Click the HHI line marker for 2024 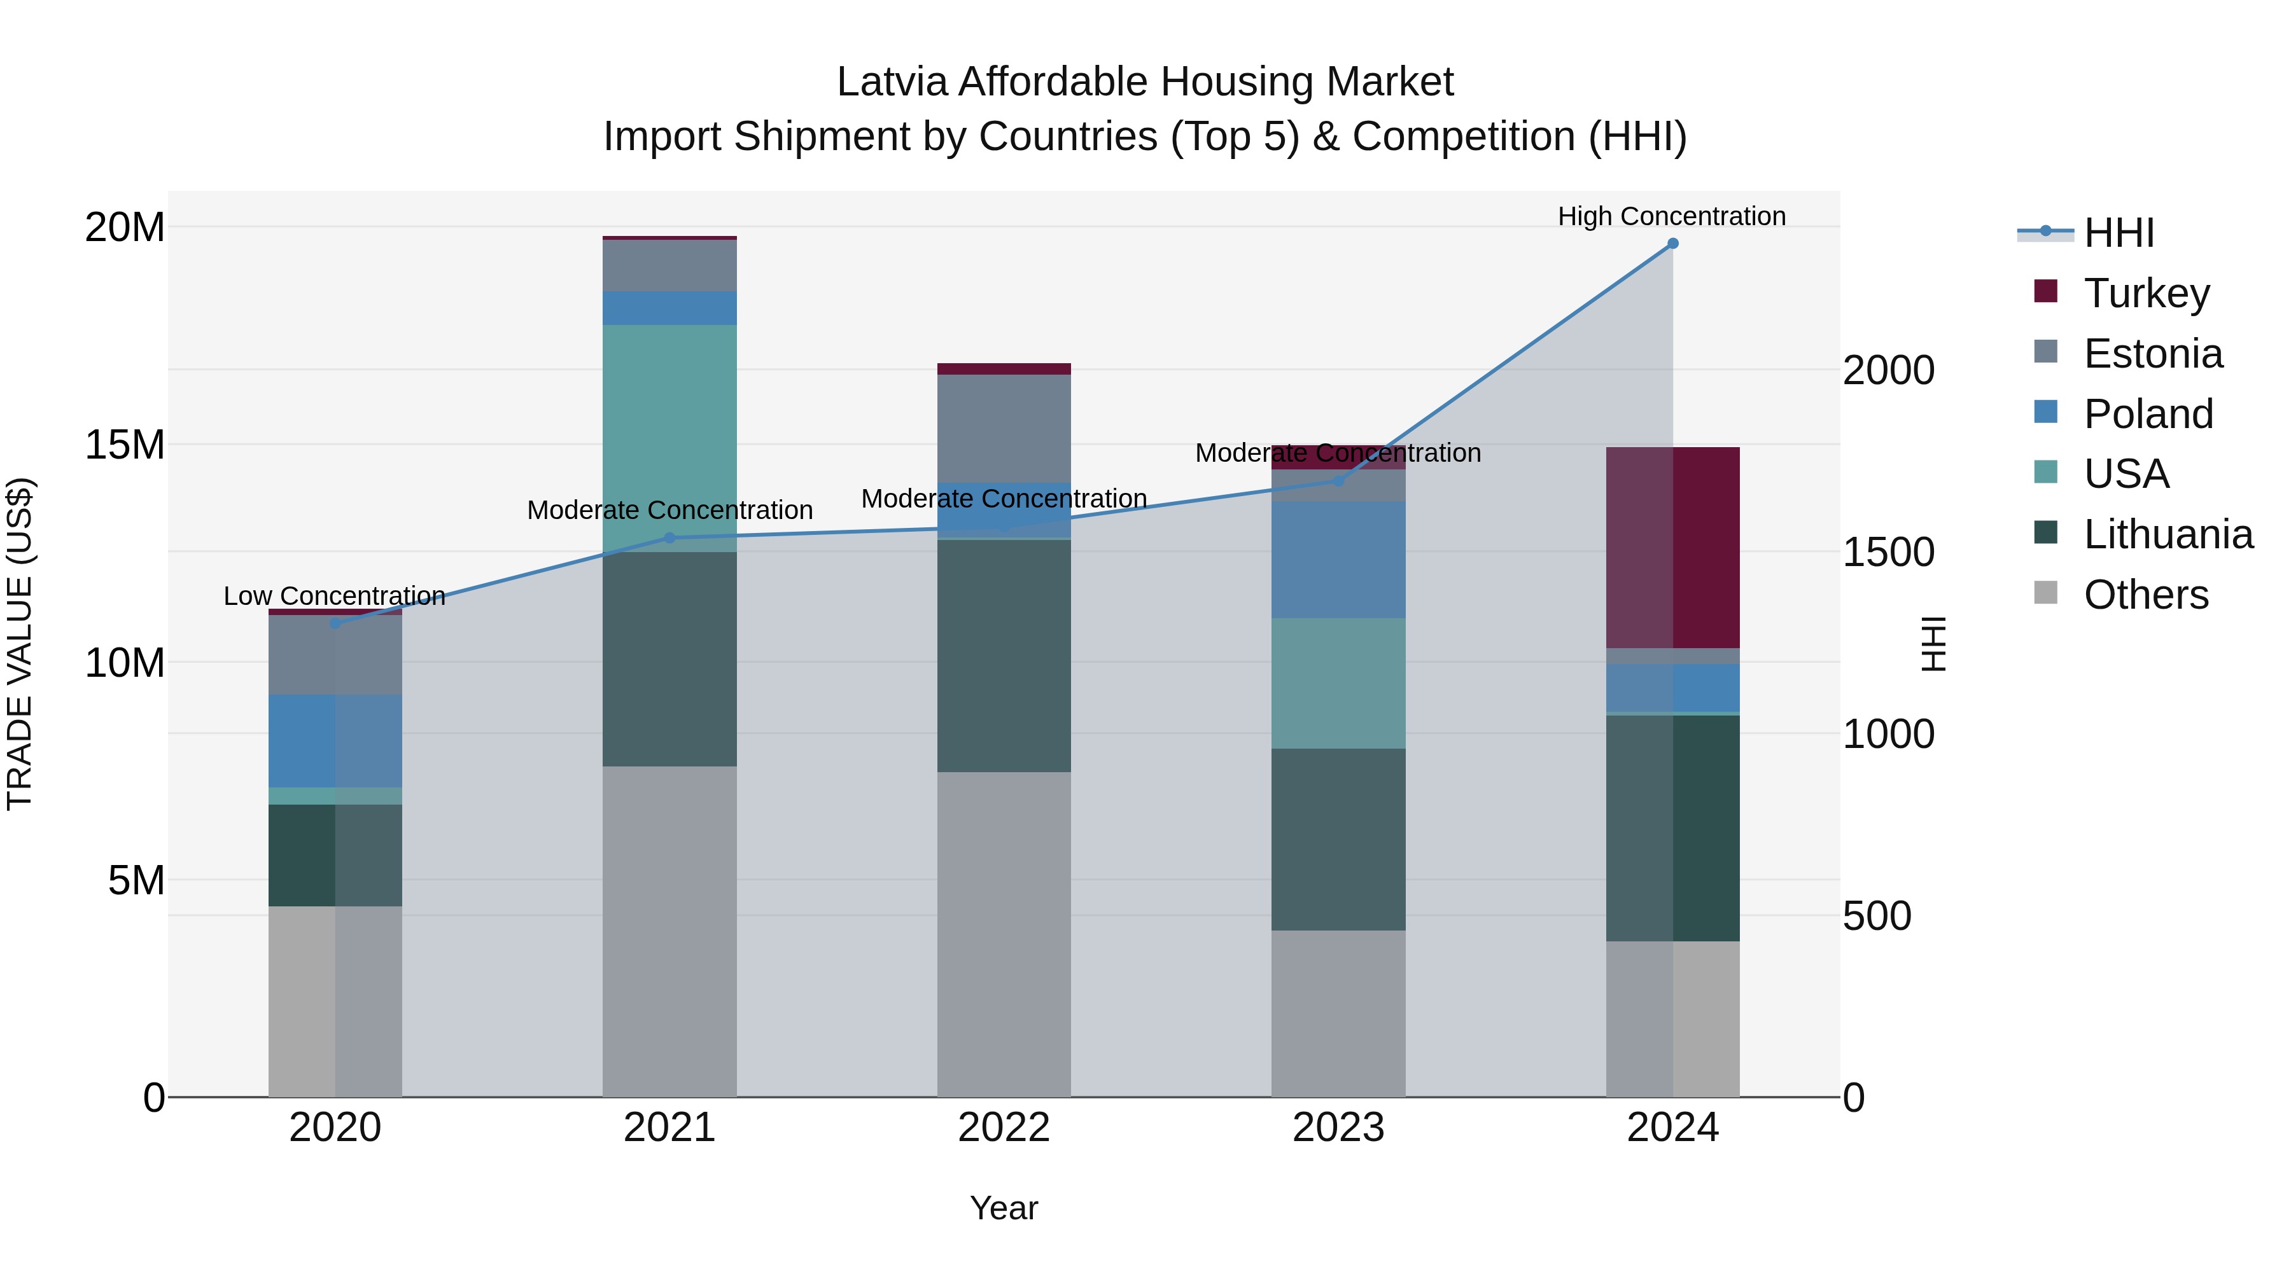1672,244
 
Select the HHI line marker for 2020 335,624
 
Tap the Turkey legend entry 2145,293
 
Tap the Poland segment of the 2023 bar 1338,560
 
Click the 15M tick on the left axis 125,445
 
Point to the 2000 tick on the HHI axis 1888,371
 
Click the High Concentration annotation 1671,216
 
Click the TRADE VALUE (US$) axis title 20,644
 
